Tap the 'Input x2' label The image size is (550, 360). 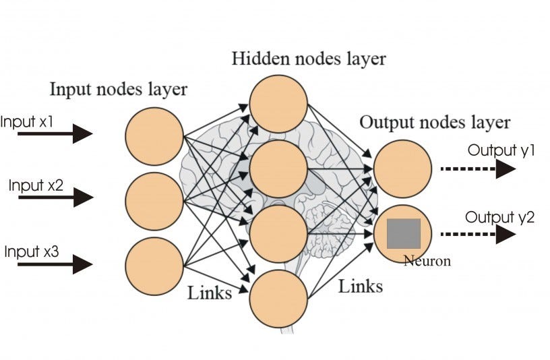click(36, 185)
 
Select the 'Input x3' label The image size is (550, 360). click(31, 251)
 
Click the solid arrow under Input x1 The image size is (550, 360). click(55, 134)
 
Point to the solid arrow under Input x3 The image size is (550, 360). click(55, 264)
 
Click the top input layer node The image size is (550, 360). click(154, 136)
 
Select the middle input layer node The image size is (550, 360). click(154, 201)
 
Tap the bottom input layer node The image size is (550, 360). click(154, 266)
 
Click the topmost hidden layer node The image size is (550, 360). click(278, 104)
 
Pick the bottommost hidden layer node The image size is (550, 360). click(278, 297)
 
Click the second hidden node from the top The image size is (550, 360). click(278, 169)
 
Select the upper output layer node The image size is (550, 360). click(402, 169)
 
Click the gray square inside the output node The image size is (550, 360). click(403, 233)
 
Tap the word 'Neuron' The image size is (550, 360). click(427, 261)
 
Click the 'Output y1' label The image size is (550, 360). click(501, 150)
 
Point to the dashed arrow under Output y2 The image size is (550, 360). click(477, 235)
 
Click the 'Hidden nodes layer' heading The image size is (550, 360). click(309, 58)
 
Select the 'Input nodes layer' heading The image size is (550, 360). click(119, 89)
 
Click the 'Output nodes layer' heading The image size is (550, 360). click(435, 123)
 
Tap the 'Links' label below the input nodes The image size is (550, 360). click(209, 293)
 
